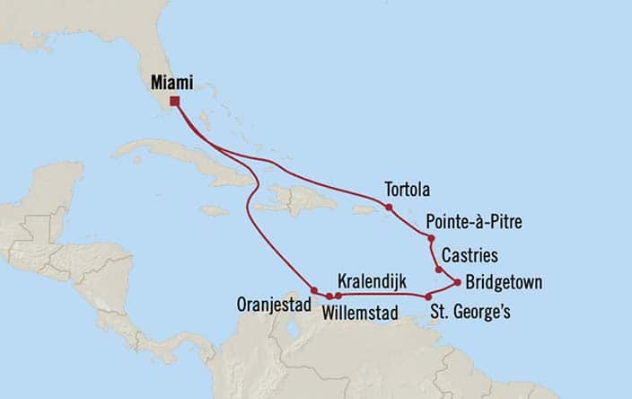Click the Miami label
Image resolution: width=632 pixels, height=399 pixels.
[171, 82]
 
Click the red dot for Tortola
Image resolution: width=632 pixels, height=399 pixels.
[389, 208]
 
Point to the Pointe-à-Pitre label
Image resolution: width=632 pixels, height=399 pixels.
[473, 221]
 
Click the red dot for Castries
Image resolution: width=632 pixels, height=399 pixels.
[438, 270]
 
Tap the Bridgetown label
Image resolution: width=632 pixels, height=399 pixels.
[504, 282]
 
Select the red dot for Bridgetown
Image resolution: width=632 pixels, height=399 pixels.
[458, 283]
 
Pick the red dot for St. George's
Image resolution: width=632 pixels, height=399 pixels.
[428, 297]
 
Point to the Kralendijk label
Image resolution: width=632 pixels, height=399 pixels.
[369, 279]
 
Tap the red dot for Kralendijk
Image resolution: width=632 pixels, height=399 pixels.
[338, 296]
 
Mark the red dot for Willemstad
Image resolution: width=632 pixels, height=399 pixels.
[329, 296]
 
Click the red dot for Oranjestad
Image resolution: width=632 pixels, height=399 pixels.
[313, 289]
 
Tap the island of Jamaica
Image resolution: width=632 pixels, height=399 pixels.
[215, 210]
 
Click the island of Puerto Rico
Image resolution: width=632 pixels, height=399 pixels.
[363, 210]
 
